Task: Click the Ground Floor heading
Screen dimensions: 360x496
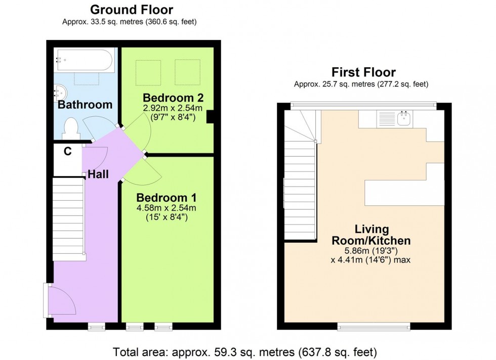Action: click(x=131, y=10)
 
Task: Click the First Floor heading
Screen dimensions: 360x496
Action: click(x=363, y=72)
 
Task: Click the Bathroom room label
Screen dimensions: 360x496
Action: click(x=85, y=105)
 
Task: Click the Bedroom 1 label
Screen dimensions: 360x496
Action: click(x=166, y=197)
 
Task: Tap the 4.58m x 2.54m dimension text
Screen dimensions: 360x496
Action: click(x=166, y=208)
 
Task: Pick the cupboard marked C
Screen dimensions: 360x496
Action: click(x=67, y=151)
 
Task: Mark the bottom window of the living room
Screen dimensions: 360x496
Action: click(x=374, y=326)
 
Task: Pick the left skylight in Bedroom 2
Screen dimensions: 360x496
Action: click(x=148, y=72)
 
